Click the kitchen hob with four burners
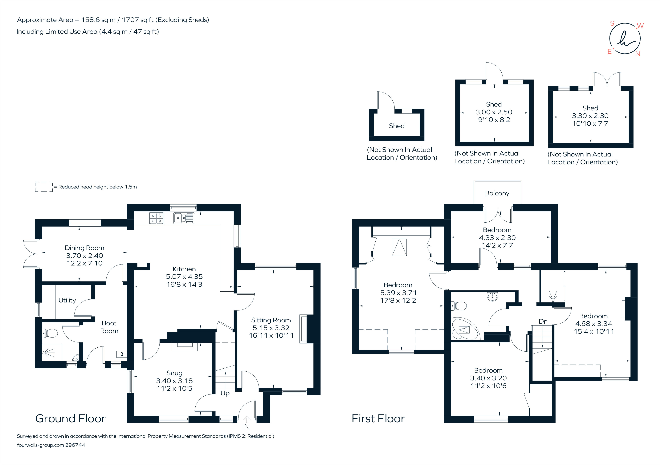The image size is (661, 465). (x=156, y=218)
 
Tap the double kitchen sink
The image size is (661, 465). (x=184, y=218)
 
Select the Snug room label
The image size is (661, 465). (x=174, y=373)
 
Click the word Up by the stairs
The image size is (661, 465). (x=225, y=393)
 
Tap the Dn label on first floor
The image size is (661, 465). (x=543, y=321)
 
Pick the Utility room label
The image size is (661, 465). (x=67, y=300)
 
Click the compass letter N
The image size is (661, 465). (x=638, y=54)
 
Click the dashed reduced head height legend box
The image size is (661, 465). (x=44, y=187)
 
